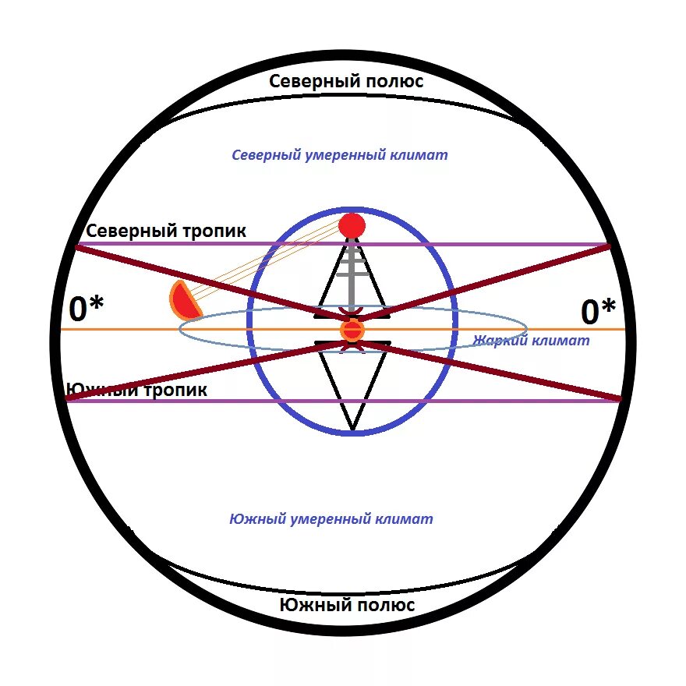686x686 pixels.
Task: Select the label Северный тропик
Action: [166, 232]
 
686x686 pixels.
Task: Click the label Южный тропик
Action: [136, 390]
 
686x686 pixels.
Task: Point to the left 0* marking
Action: [86, 310]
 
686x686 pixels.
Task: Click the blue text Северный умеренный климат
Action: [340, 155]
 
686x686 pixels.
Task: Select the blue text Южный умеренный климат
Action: [331, 519]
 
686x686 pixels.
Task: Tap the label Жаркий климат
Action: [531, 341]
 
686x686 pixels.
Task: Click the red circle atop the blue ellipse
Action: [352, 226]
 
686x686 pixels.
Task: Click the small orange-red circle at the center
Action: [352, 331]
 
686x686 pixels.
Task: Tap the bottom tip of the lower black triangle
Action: [352, 430]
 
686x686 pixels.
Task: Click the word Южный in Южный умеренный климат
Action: [253, 519]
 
